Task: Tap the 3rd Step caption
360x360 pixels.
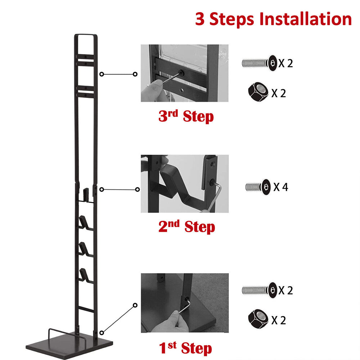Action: [186, 116]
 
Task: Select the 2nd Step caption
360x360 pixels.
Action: [186, 226]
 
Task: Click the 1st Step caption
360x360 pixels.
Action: [185, 348]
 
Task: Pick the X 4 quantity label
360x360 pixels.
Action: [280, 187]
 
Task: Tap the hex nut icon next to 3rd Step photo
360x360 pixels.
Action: [258, 92]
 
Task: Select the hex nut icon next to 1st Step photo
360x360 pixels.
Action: [258, 319]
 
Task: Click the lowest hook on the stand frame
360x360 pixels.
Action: [85, 275]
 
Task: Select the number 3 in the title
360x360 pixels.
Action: [200, 19]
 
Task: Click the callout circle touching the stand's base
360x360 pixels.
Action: [102, 333]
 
